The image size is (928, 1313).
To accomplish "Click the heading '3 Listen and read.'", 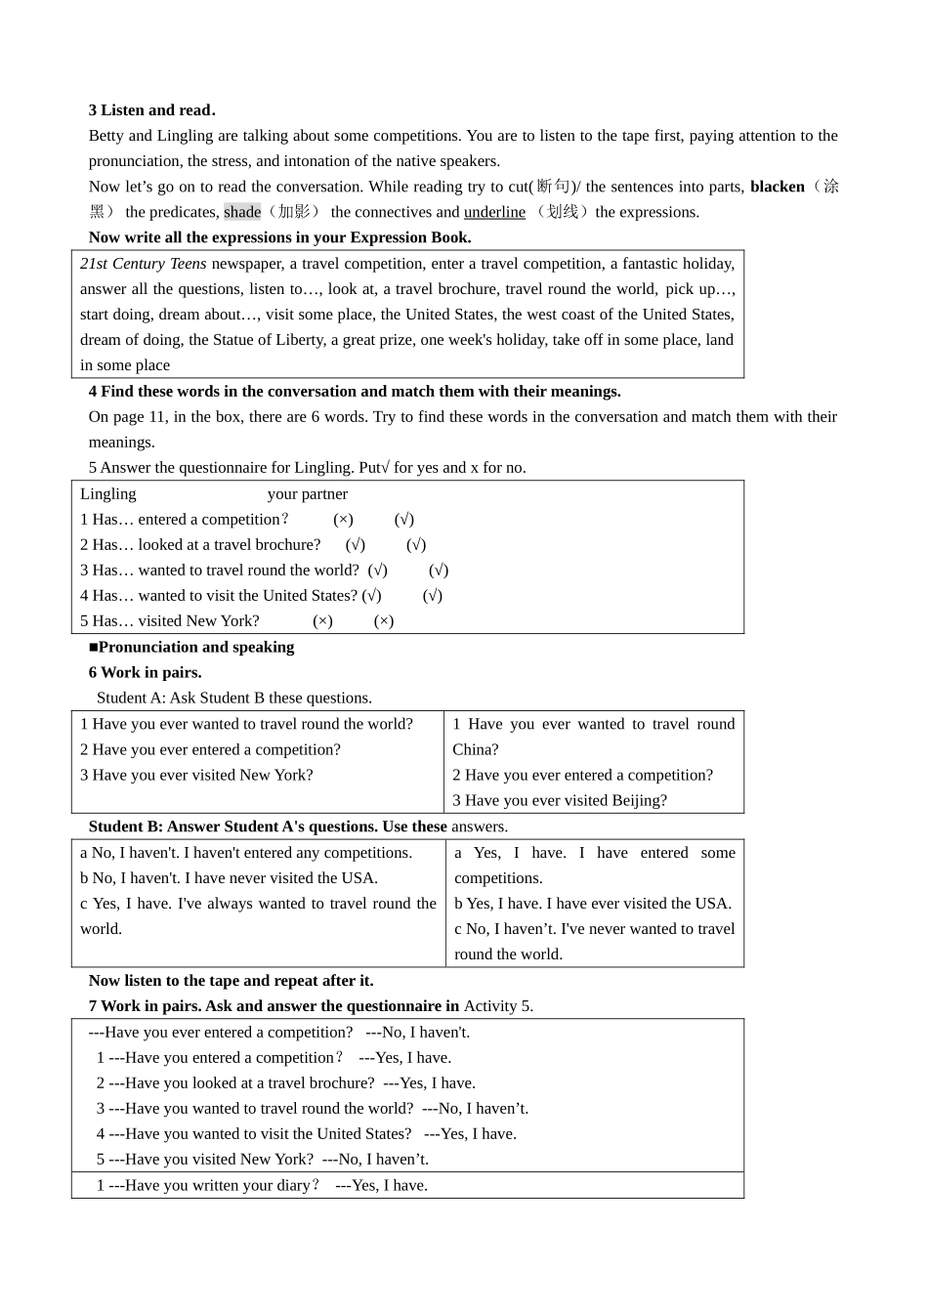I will coord(152,110).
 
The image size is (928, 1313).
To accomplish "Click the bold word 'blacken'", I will coord(777,187).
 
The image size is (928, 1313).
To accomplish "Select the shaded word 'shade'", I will coord(242,212).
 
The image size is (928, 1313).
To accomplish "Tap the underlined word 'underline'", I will coord(494,212).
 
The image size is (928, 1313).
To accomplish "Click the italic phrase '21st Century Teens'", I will coord(144,264).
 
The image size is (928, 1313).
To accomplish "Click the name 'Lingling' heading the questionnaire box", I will coord(108,494).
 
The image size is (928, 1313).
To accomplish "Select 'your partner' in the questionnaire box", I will coord(307,494).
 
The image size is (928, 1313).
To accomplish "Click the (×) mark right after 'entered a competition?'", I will coord(343,520).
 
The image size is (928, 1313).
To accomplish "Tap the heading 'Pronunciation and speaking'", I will coord(195,647).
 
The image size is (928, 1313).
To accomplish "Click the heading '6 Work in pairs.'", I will coord(145,672).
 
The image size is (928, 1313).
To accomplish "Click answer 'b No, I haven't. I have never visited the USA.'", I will coord(229,878).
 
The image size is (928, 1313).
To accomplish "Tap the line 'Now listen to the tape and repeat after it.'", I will coord(231,981).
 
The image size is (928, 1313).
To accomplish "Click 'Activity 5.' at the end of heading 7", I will coord(498,1006).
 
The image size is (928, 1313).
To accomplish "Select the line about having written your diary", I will coord(262,1186).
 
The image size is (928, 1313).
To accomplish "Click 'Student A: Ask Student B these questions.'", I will coord(233,698).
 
